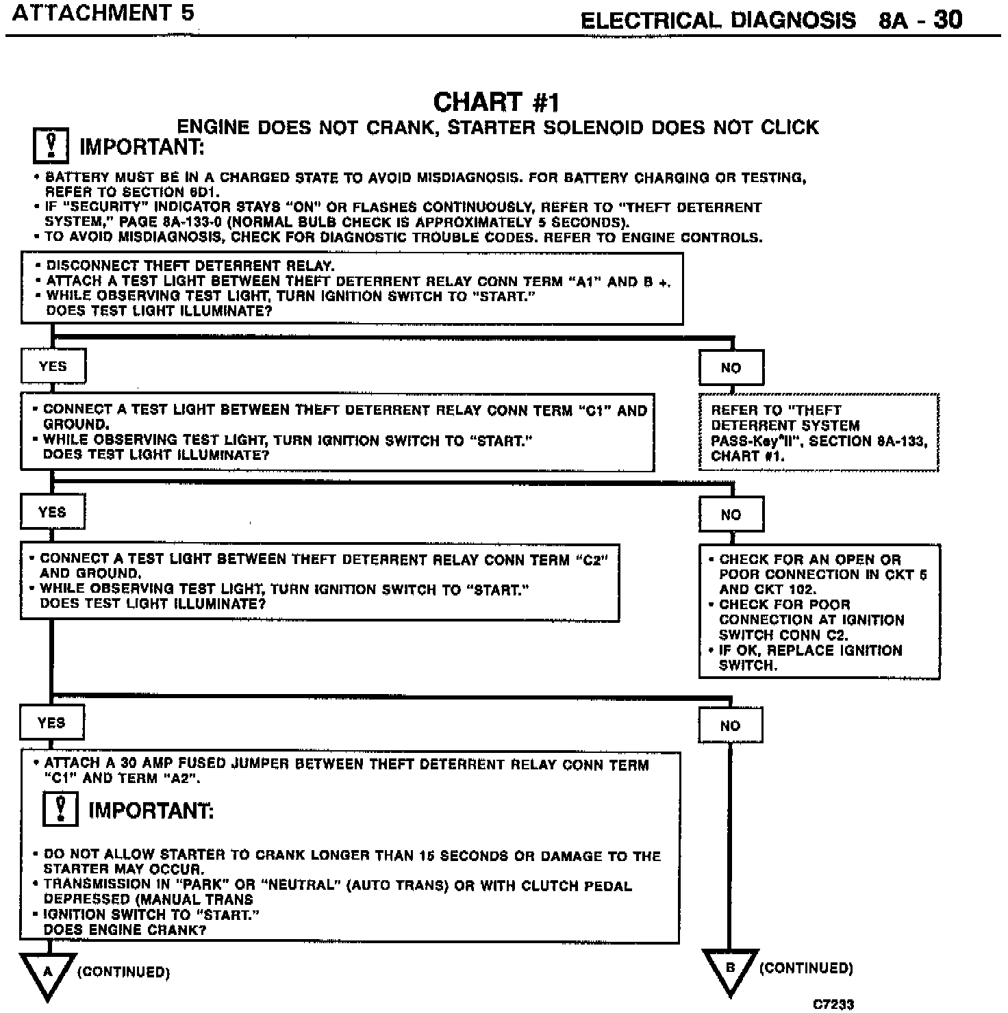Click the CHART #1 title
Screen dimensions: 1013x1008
(x=496, y=102)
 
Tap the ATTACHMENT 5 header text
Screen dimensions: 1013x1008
(x=103, y=13)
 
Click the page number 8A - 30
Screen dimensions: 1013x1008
(x=920, y=20)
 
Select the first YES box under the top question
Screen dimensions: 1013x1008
(x=53, y=366)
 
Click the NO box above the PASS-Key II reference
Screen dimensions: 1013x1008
(x=731, y=368)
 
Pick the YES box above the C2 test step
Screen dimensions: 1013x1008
(x=52, y=513)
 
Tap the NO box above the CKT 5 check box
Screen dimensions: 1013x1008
(x=731, y=515)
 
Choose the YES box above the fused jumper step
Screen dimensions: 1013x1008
(x=51, y=723)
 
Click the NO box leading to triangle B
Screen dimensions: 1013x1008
(x=730, y=726)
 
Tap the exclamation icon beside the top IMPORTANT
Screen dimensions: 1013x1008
(x=51, y=146)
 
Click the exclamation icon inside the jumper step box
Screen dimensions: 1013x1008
(x=60, y=808)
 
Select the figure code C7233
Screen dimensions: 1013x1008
(x=833, y=1004)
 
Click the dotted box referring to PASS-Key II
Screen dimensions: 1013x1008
(x=818, y=433)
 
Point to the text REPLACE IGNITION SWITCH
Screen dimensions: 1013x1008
(x=810, y=657)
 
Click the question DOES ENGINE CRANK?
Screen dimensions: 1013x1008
(x=125, y=929)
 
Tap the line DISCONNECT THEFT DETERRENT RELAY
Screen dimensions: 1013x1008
(x=190, y=266)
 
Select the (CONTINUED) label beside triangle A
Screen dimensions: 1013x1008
(x=123, y=972)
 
